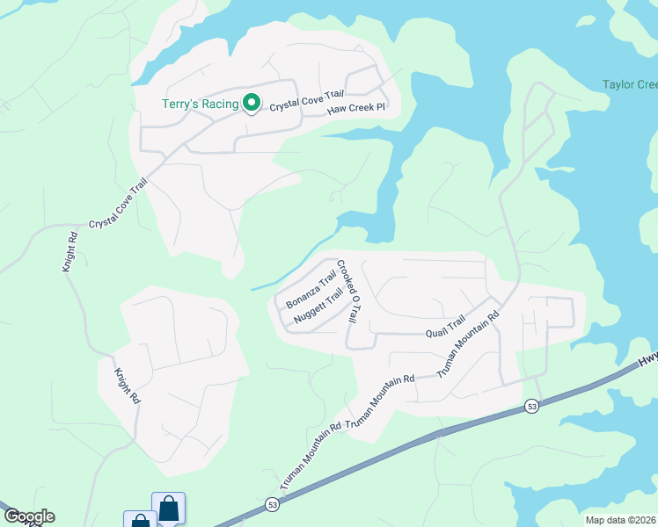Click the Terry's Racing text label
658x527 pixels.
coord(200,105)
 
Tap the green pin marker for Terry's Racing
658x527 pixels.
coord(251,104)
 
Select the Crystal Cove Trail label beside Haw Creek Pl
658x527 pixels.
coord(306,104)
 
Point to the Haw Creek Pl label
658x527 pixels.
coord(357,109)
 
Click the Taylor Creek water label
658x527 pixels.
coord(630,85)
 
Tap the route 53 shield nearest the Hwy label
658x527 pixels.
coord(532,406)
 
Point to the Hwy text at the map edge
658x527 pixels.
coord(648,360)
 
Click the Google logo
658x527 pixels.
coord(28,516)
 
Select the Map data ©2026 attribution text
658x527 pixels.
coord(620,520)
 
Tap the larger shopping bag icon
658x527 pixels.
coord(168,508)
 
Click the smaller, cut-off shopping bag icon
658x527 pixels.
coord(140,520)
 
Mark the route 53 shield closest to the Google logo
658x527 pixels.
coord(273,504)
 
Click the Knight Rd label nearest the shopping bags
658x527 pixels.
coord(127,385)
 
